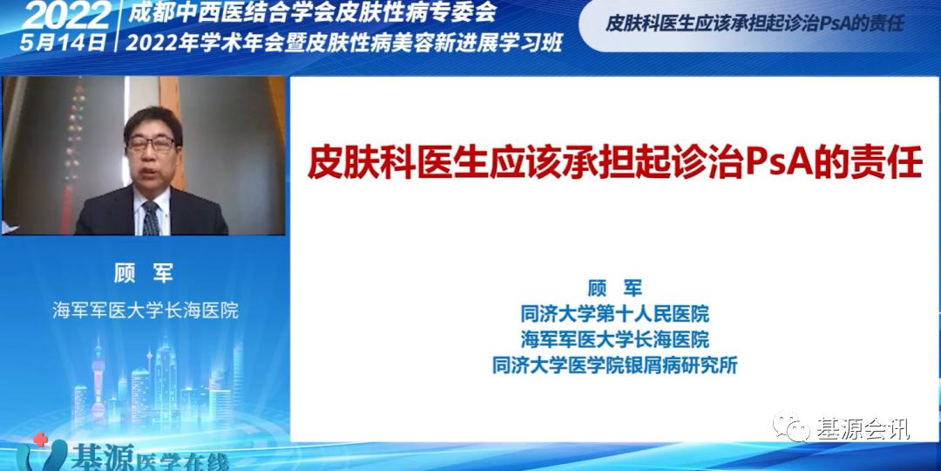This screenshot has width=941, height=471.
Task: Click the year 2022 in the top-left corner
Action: pyautogui.click(x=65, y=15)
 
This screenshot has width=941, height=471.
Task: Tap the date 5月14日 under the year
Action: pyautogui.click(x=65, y=40)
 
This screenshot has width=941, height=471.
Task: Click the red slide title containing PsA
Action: pyautogui.click(x=614, y=162)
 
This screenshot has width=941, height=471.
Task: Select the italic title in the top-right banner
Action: pyautogui.click(x=755, y=24)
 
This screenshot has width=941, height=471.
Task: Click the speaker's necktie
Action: pyautogui.click(x=151, y=218)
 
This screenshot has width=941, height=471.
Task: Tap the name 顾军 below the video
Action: pyautogui.click(x=145, y=273)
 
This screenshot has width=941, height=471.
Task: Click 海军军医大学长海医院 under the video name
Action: pyautogui.click(x=145, y=311)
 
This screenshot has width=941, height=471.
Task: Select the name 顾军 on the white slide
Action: pyautogui.click(x=614, y=289)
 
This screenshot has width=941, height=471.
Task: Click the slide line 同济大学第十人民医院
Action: pyautogui.click(x=614, y=313)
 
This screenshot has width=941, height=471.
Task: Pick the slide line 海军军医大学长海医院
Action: pyautogui.click(x=614, y=338)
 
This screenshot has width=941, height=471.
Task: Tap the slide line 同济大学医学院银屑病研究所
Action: pyautogui.click(x=614, y=365)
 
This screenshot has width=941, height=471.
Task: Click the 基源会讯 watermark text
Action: pyautogui.click(x=863, y=428)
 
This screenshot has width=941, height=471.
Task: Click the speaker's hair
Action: pyautogui.click(x=152, y=118)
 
